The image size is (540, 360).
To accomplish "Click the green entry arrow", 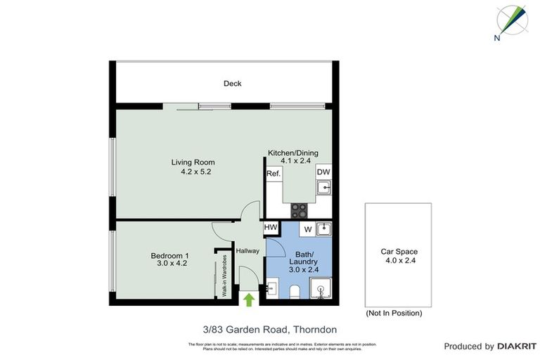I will pos(248,300).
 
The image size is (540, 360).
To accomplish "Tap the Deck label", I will pos(232,84).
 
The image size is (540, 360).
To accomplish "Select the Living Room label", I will pos(193,162).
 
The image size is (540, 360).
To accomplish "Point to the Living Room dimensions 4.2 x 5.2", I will pos(193,172).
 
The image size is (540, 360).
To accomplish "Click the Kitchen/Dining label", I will pos(294,153).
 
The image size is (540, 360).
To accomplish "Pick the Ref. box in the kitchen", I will pos(273,173).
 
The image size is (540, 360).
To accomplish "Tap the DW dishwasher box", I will pos(323,172).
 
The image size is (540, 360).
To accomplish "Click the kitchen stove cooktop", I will pos(300,210).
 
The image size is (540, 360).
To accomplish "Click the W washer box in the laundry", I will pos(308,229).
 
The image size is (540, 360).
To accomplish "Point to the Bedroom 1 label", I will pos(169,255).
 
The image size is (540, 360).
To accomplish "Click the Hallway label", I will pos(247,251).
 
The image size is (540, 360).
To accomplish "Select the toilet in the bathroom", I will pos(295,291).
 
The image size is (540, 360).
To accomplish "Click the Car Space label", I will pos(398,252).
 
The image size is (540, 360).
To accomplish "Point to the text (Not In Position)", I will pos(394,313).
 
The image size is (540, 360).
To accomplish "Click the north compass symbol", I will pos(511,21).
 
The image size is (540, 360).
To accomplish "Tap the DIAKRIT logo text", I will pos(517,346).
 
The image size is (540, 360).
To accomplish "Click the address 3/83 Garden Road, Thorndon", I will pos(270,329).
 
